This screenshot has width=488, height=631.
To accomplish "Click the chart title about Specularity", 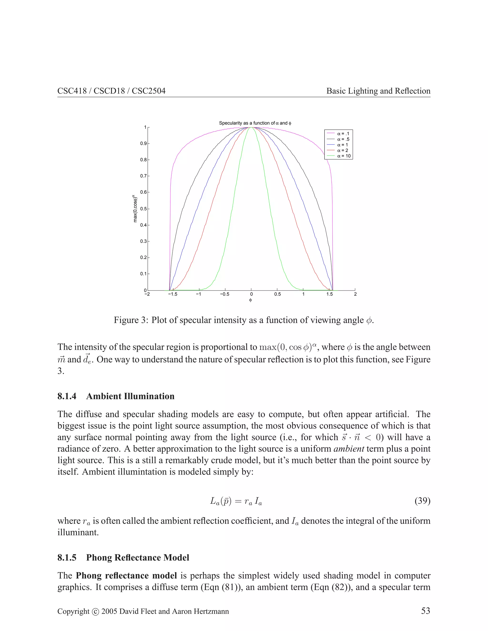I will point(255,123).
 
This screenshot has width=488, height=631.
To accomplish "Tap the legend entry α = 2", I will point(343,150).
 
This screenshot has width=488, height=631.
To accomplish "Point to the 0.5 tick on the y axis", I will point(144,209).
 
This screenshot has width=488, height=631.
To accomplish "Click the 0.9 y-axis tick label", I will point(144,144).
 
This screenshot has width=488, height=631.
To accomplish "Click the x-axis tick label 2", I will point(355,294).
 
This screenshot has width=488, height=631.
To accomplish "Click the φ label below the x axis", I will point(250,300).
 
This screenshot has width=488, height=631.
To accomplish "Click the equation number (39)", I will point(422,501).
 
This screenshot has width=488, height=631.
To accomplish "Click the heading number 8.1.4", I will point(67,396).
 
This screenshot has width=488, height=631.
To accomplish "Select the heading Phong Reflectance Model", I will point(138,558).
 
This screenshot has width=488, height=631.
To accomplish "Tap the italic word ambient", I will point(349,449).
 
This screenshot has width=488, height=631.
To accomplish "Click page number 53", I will point(425,611).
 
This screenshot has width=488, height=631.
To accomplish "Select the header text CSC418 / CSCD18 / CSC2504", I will point(111,91).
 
